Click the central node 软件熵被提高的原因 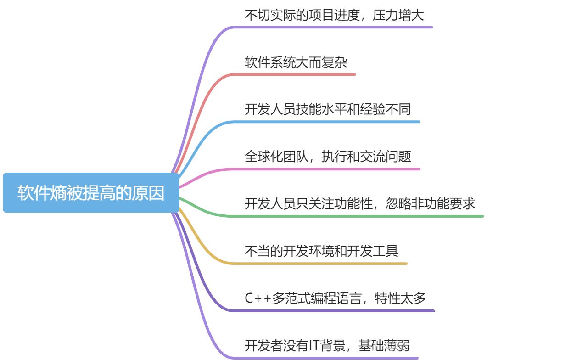pyautogui.click(x=91, y=193)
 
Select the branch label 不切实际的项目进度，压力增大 pyautogui.click(x=334, y=15)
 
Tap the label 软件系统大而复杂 pyautogui.click(x=296, y=62)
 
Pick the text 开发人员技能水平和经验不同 pyautogui.click(x=327, y=110)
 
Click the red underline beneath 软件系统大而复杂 pyautogui.click(x=298, y=74)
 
